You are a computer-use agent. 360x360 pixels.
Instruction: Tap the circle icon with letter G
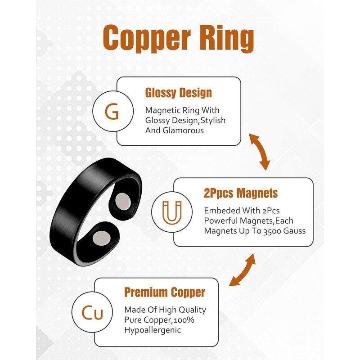(x=112, y=112)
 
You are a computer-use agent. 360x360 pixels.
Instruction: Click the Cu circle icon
(x=92, y=312)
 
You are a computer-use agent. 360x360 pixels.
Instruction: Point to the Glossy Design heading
(x=178, y=94)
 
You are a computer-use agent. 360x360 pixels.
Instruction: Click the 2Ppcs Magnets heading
(x=241, y=193)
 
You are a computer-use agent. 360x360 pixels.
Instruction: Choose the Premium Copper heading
(x=164, y=292)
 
